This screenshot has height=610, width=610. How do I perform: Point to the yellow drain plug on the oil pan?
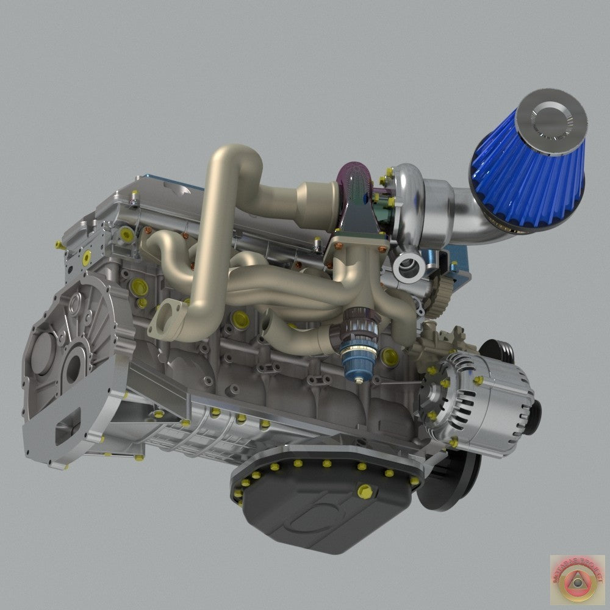coord(365,490)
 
